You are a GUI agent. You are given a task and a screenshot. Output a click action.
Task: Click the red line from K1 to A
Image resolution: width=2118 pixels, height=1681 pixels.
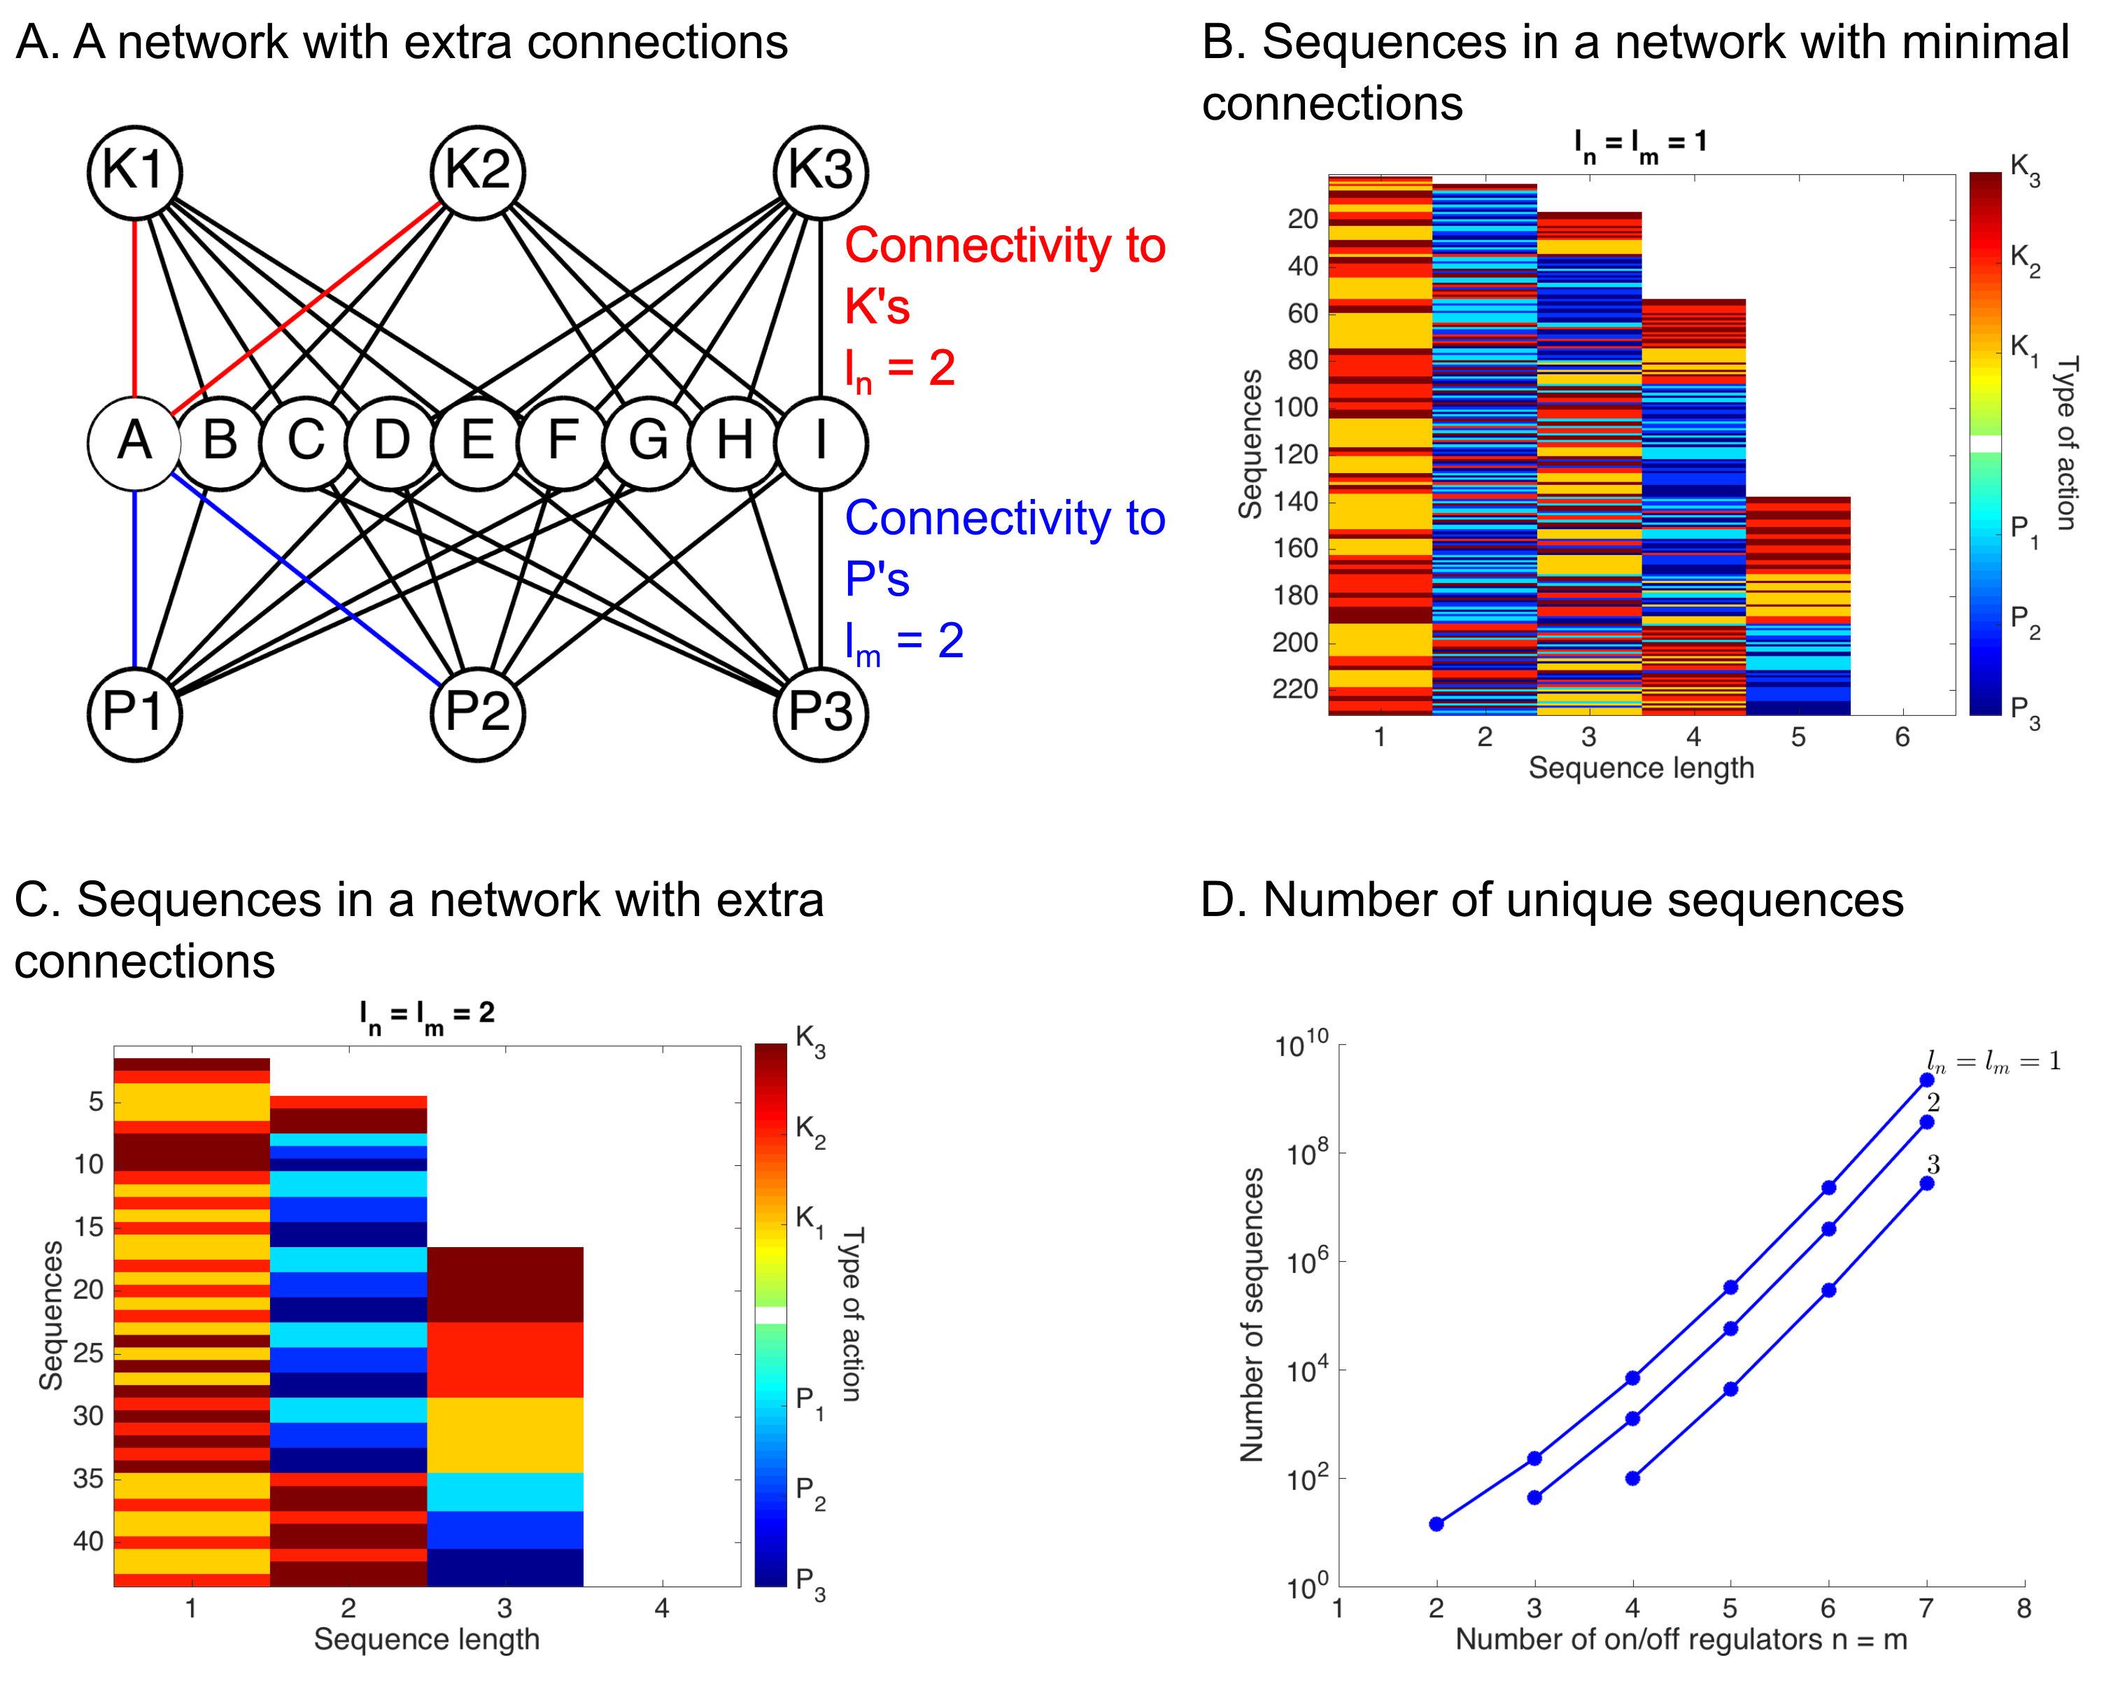[x=134, y=304]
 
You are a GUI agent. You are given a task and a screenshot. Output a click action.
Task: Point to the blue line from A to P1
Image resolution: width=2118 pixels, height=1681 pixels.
[x=134, y=579]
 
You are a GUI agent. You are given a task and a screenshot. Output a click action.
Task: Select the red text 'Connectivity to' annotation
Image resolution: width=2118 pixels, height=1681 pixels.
[x=1004, y=246]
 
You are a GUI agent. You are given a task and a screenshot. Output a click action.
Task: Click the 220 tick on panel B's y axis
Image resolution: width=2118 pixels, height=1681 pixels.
[x=1294, y=690]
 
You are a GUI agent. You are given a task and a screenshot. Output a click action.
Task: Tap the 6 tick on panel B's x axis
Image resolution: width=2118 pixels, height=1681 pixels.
[x=1902, y=737]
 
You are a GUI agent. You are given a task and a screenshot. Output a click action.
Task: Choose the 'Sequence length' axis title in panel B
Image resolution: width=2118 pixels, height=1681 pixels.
[x=1641, y=768]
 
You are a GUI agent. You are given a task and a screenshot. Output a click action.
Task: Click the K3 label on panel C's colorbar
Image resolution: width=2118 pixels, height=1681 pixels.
[x=810, y=1041]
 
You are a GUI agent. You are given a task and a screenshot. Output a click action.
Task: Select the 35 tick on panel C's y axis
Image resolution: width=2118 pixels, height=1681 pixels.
[x=88, y=1479]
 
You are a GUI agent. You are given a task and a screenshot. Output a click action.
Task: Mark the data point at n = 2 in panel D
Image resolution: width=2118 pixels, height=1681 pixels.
[x=1436, y=1524]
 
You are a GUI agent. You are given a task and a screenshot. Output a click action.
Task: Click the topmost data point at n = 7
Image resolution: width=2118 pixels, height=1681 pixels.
[x=1926, y=1080]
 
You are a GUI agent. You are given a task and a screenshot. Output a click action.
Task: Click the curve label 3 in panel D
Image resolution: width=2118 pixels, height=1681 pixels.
[x=1933, y=1165]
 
